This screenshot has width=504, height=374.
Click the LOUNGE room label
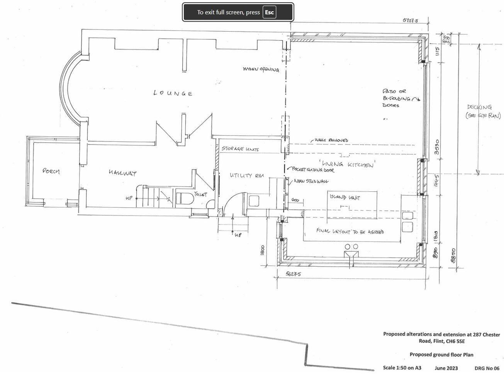[x=173, y=93]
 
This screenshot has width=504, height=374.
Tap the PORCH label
[x=51, y=171]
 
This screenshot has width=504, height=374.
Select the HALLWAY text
[x=122, y=173]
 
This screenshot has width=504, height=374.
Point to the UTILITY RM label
[x=247, y=175]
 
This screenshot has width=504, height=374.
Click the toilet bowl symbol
[x=185, y=198]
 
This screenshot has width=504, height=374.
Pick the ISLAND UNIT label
[x=345, y=197]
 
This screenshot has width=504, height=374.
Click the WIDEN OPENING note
[x=261, y=70]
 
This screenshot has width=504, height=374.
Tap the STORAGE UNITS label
[x=240, y=149]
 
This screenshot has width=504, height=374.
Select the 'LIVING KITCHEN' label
[x=346, y=164]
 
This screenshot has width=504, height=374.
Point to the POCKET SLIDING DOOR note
[x=313, y=170]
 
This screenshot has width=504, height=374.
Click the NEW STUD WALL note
[x=311, y=181]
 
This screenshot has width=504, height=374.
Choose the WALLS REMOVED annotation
[x=331, y=140]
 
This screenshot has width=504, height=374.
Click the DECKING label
[x=479, y=107]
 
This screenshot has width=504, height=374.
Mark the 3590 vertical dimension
[x=437, y=147]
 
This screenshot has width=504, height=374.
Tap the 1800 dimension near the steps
[x=262, y=250]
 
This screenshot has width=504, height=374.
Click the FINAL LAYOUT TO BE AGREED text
[x=350, y=231]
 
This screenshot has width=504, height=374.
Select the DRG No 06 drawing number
[x=487, y=368]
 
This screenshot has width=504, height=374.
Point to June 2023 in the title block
[x=446, y=368]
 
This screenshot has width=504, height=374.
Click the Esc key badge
[x=269, y=12]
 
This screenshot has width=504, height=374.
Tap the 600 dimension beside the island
[x=295, y=200]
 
